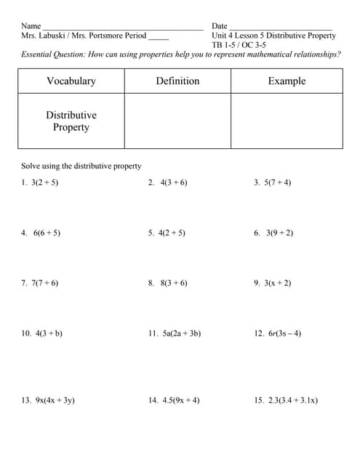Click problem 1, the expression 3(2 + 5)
[44, 182]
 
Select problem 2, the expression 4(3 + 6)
[173, 182]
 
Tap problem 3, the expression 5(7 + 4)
[278, 182]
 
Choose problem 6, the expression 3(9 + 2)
[279, 233]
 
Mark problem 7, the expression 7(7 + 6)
[44, 283]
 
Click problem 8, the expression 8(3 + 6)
[173, 283]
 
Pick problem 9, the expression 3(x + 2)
[278, 283]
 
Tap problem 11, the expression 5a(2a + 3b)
[182, 333]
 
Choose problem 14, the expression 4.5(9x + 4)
[180, 400]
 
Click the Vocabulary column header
[71, 81]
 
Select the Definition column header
[177, 81]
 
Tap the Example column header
[287, 81]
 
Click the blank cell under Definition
[177, 121]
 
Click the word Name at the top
[31, 26]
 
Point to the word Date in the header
[220, 26]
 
